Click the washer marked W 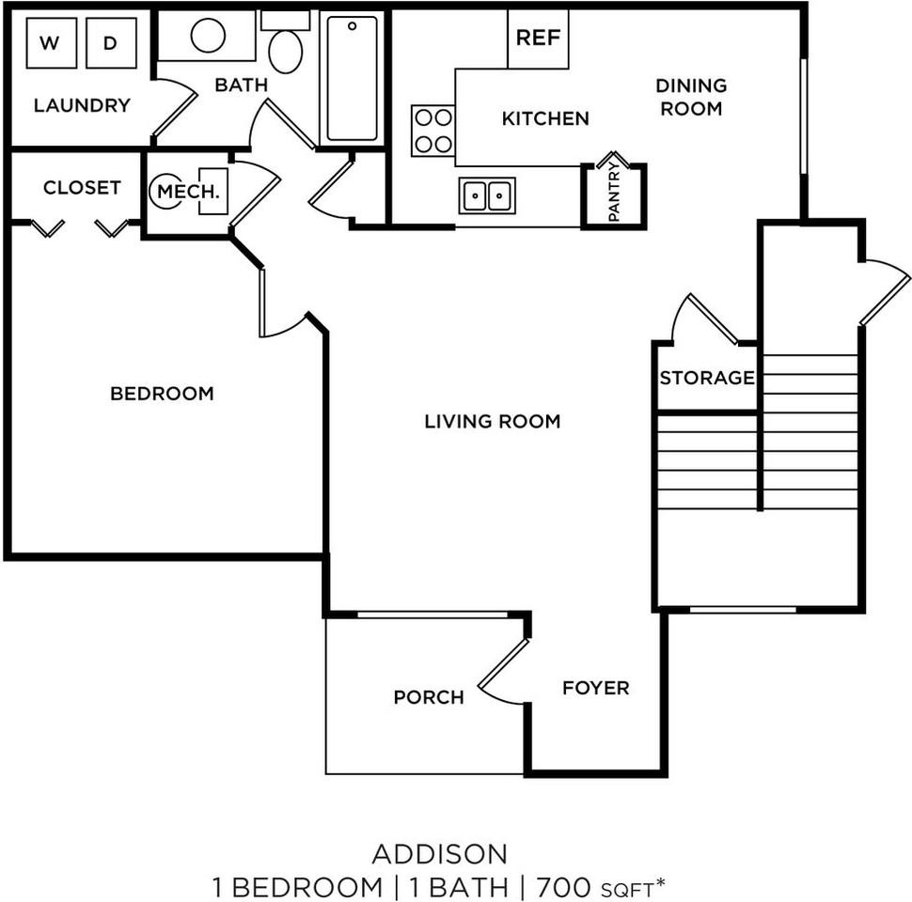click(51, 43)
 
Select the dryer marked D click(111, 43)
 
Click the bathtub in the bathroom click(353, 77)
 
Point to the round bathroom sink click(208, 36)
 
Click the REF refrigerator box click(538, 39)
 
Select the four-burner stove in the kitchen click(433, 131)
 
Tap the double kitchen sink click(487, 195)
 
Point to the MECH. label click(188, 192)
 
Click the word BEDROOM click(162, 394)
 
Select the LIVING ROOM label click(492, 421)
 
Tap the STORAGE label click(707, 379)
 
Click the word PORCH click(429, 697)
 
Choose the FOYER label click(595, 688)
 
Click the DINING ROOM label click(691, 97)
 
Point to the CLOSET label click(82, 188)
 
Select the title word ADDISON click(440, 854)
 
